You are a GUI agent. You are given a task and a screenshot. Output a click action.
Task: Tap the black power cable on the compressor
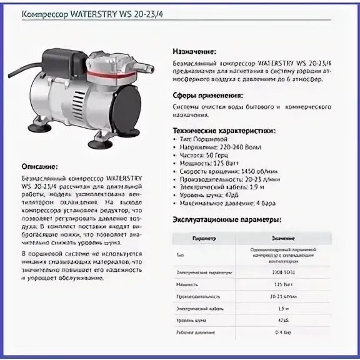pyautogui.click(x=25, y=68)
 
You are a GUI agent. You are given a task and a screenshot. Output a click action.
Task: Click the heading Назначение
pyautogui.click(x=194, y=51)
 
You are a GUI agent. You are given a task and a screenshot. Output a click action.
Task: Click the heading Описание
pyautogui.click(x=39, y=167)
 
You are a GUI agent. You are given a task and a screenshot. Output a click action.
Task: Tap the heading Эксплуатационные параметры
pyautogui.click(x=226, y=219)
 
